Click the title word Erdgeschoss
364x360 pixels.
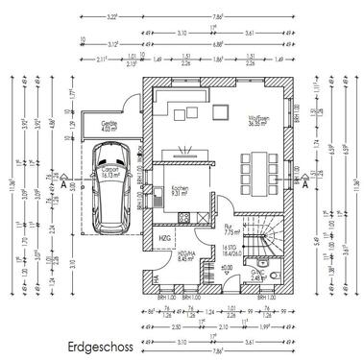click(x=100, y=342)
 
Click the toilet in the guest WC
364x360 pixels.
click(x=260, y=261)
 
